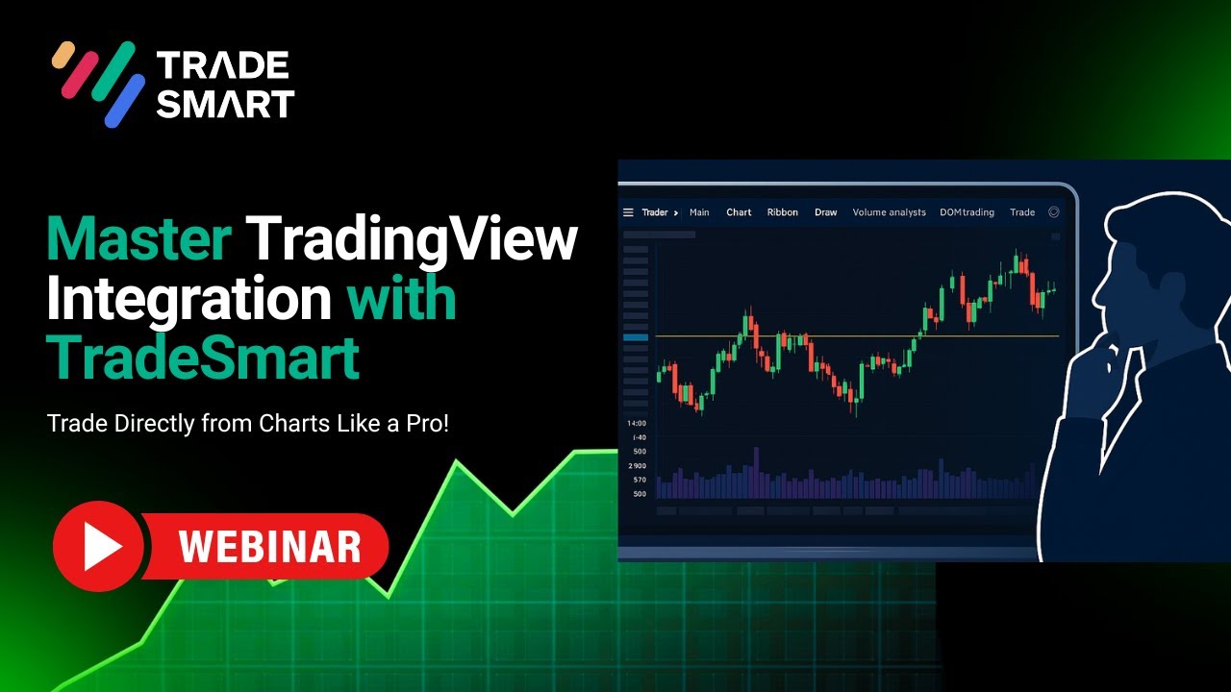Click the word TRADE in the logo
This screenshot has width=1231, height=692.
click(222, 65)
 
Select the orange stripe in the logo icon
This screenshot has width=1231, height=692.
click(63, 55)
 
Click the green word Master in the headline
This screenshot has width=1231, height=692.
click(138, 239)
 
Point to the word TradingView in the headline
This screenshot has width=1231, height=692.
click(412, 239)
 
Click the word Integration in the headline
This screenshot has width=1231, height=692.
click(188, 298)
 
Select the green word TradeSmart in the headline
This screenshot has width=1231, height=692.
click(203, 358)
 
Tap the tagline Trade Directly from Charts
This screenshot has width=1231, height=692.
click(247, 424)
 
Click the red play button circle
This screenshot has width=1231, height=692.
click(98, 546)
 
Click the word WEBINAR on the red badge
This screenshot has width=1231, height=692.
click(269, 547)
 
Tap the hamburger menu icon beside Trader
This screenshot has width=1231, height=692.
click(628, 212)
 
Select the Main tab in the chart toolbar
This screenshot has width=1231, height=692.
click(699, 212)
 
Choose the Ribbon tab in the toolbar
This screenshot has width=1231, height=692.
click(782, 212)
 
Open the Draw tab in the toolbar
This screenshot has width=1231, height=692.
click(825, 212)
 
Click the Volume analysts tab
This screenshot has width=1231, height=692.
click(889, 212)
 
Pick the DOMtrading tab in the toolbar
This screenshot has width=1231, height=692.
click(967, 212)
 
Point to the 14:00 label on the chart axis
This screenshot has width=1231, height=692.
click(637, 423)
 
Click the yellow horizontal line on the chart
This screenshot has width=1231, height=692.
click(856, 336)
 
